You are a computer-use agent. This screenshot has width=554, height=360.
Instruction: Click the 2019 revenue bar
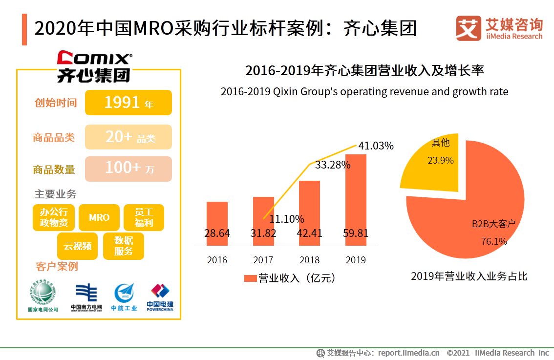click(x=356, y=195)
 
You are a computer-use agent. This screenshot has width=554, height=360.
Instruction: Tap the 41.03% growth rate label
click(x=376, y=146)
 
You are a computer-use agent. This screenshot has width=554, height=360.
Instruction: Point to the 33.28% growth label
click(x=333, y=165)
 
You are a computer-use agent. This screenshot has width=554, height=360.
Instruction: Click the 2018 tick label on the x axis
click(x=309, y=260)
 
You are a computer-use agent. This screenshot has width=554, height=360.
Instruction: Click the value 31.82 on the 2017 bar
click(x=263, y=233)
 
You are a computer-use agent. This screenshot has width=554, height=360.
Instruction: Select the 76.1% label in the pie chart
click(x=494, y=241)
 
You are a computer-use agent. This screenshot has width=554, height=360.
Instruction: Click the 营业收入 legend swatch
click(x=250, y=278)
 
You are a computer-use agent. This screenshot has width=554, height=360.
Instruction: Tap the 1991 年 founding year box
click(x=128, y=103)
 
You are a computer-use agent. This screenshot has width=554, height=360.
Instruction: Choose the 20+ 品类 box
click(x=128, y=137)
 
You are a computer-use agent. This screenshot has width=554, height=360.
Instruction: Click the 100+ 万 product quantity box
click(x=128, y=169)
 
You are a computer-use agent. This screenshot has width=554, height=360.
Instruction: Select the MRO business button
click(x=99, y=217)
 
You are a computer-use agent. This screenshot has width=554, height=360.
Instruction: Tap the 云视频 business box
click(x=78, y=246)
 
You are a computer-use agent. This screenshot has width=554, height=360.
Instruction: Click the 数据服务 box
click(x=124, y=246)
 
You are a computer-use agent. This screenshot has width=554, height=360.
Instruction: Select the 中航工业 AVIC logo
click(x=124, y=296)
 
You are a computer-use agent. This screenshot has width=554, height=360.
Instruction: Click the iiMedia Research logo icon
click(x=468, y=28)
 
